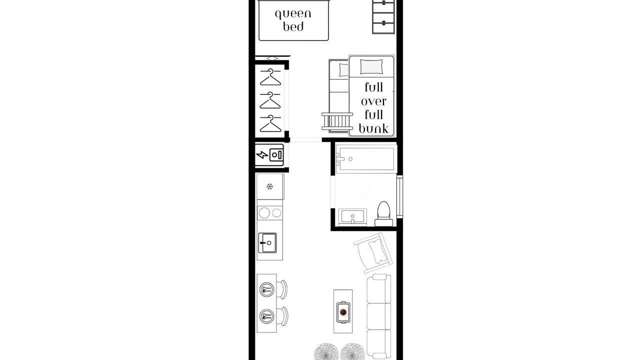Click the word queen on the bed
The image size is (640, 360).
(x=293, y=14)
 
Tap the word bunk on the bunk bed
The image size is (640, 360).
(x=373, y=128)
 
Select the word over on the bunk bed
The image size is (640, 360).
(x=373, y=101)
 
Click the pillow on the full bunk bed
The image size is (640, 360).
(x=371, y=67)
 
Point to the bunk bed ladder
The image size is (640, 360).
(x=337, y=121)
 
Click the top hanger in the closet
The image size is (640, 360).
(x=270, y=77)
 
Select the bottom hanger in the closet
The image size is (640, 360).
(x=270, y=123)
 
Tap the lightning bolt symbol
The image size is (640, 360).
(x=262, y=155)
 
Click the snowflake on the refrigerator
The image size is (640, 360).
(x=269, y=187)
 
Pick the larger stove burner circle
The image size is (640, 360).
(x=264, y=213)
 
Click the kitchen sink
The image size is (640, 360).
(x=267, y=243)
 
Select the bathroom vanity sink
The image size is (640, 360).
(x=352, y=217)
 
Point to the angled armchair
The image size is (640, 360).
(x=373, y=253)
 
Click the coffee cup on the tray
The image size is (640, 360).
(x=343, y=312)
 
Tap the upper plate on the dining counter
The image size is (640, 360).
(x=267, y=290)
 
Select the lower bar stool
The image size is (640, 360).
(x=282, y=316)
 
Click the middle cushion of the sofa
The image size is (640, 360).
(x=379, y=316)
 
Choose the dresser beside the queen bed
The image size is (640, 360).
(x=383, y=16)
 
